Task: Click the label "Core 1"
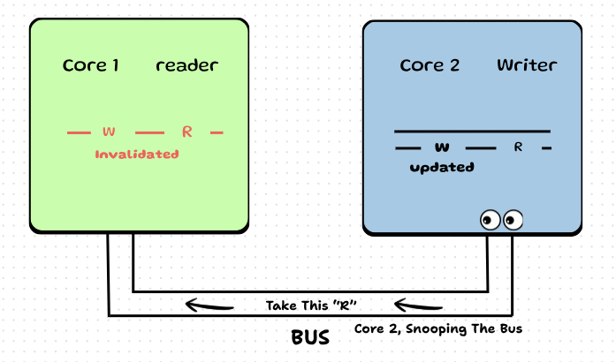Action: [91, 65]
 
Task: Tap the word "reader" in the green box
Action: [186, 65]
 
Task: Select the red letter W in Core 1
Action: [109, 132]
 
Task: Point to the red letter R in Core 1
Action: [186, 132]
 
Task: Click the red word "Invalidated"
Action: [137, 154]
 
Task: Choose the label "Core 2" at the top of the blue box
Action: [429, 65]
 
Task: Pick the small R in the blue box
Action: [518, 147]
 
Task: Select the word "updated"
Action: [442, 167]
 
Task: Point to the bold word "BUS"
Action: [310, 337]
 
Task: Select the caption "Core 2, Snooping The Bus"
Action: [437, 328]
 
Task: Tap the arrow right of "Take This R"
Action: [418, 305]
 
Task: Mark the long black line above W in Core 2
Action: [472, 132]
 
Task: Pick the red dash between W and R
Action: [150, 132]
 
